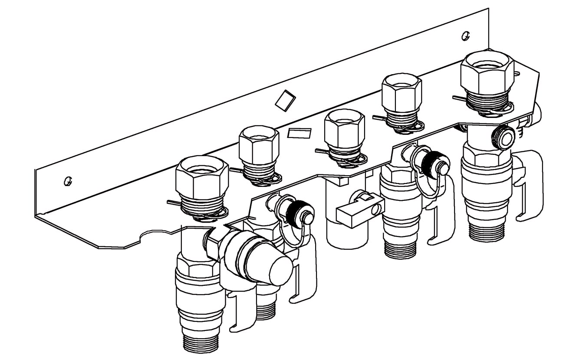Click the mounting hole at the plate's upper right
[466, 35]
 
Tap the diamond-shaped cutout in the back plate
[285, 100]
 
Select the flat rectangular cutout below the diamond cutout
[300, 133]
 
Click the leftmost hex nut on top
[202, 179]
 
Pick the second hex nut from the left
[259, 145]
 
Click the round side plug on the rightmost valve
[504, 137]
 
